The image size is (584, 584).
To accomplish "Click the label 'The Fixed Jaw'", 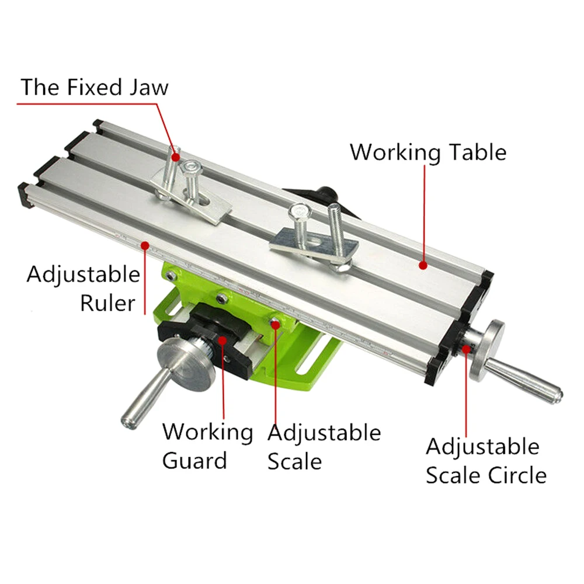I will [x=95, y=87].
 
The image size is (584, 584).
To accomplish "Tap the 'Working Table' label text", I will [x=427, y=152].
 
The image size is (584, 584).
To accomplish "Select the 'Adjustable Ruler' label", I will [x=84, y=288].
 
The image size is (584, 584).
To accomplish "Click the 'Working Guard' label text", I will [x=207, y=446].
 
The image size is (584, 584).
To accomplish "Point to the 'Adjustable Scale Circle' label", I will [x=485, y=461].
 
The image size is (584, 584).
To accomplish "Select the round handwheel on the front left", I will [x=184, y=366].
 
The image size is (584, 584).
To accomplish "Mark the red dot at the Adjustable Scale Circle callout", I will [x=466, y=350].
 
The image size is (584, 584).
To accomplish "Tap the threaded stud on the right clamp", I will [x=335, y=234].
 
